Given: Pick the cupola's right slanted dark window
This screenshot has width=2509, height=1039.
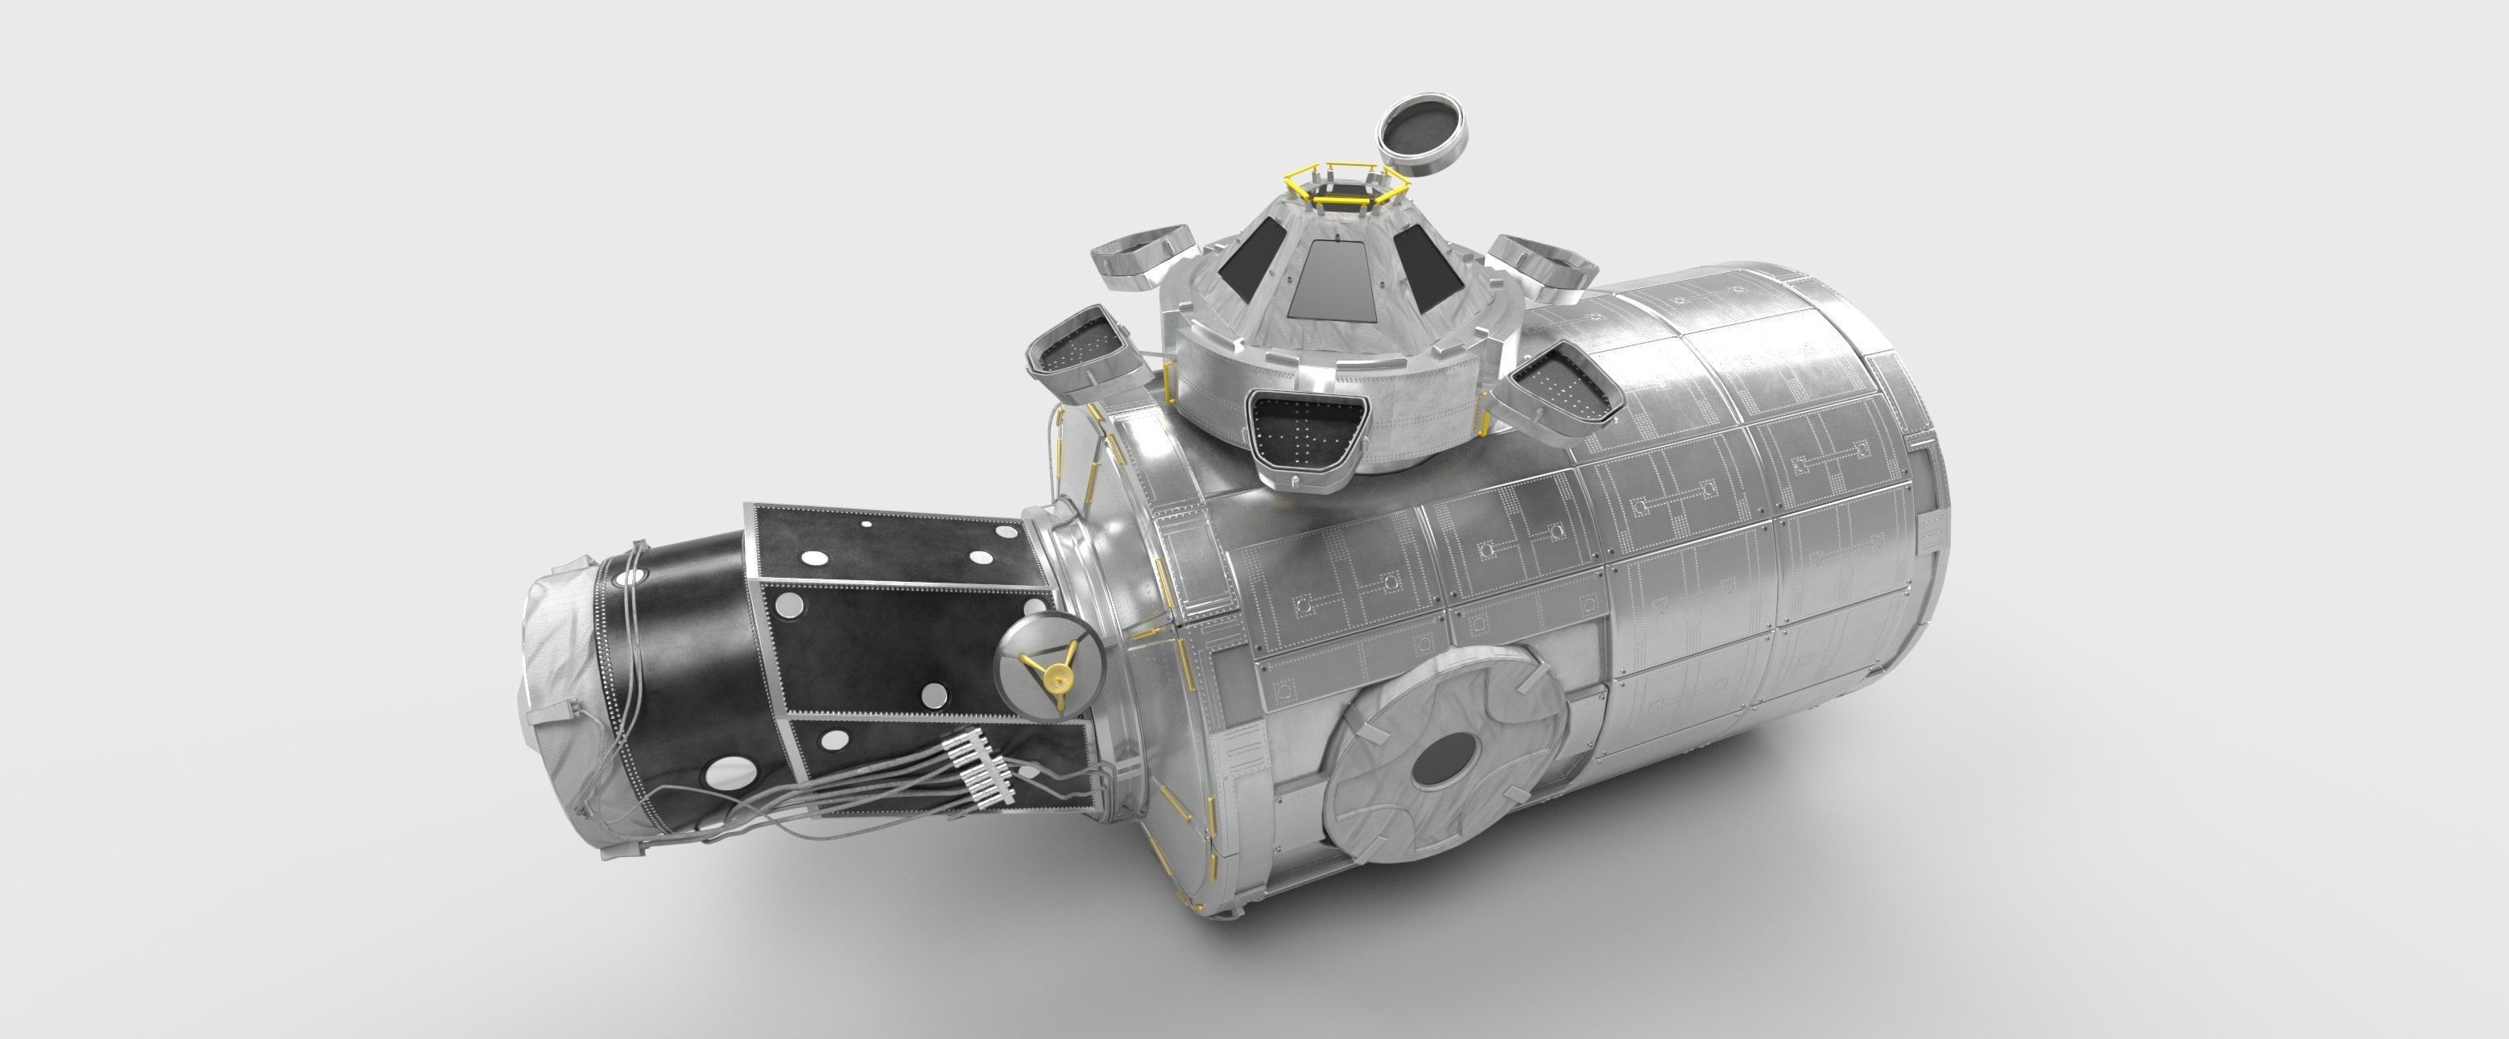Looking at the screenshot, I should pos(1427,261).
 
